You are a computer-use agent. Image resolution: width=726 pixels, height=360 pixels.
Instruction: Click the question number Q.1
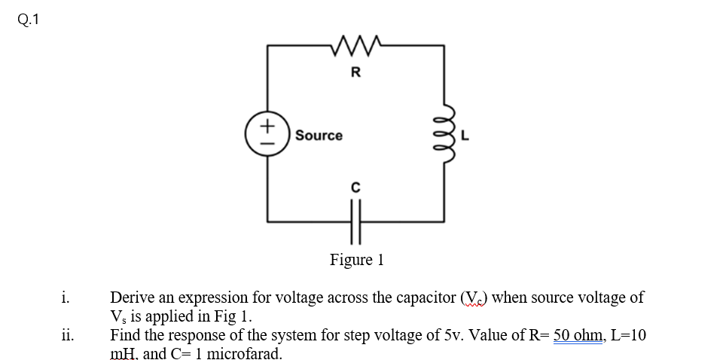coord(25,20)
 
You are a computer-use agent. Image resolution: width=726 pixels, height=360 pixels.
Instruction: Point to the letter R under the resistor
coord(356,73)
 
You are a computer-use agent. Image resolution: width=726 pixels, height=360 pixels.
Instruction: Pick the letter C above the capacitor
coord(355,185)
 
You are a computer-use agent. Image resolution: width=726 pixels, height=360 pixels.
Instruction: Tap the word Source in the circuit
coord(319,136)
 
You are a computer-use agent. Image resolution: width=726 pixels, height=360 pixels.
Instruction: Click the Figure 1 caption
coord(357,260)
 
